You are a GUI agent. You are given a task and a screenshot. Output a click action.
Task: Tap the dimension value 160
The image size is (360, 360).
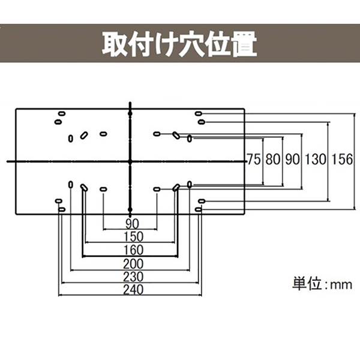click(x=130, y=250)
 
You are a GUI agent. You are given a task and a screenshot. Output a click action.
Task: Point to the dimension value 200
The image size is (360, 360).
click(x=130, y=264)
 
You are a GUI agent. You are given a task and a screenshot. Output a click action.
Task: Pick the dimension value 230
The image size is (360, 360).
click(x=130, y=278)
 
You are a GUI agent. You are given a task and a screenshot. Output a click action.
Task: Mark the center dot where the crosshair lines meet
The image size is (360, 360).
click(x=130, y=161)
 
